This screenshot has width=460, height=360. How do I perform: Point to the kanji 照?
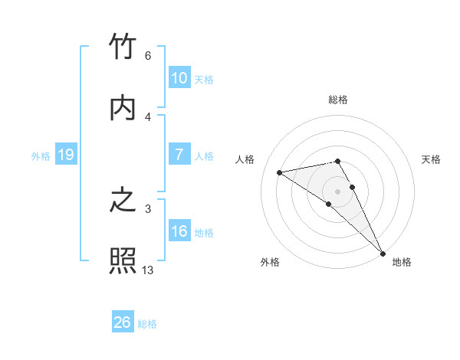(x=123, y=260)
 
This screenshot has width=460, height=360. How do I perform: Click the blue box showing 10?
(x=179, y=78)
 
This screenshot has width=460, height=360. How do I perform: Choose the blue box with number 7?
(x=179, y=155)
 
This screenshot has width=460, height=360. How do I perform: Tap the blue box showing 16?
(x=179, y=231)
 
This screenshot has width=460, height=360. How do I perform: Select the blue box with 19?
(x=65, y=155)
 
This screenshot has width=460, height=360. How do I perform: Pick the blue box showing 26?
(x=122, y=322)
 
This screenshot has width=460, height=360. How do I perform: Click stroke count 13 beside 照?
(x=148, y=270)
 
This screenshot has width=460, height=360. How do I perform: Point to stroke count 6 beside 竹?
(x=148, y=56)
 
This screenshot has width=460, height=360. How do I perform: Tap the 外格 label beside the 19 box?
(x=41, y=155)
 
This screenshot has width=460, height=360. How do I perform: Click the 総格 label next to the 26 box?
(x=147, y=324)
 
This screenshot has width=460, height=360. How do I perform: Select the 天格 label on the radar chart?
(x=431, y=159)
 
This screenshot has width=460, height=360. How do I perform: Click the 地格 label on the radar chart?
(x=402, y=262)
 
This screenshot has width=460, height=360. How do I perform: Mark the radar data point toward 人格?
(x=280, y=172)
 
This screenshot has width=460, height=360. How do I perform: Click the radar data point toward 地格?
(x=383, y=252)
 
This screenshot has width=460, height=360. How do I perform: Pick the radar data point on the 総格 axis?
(x=337, y=161)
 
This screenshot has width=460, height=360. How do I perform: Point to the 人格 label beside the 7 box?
(x=204, y=155)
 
